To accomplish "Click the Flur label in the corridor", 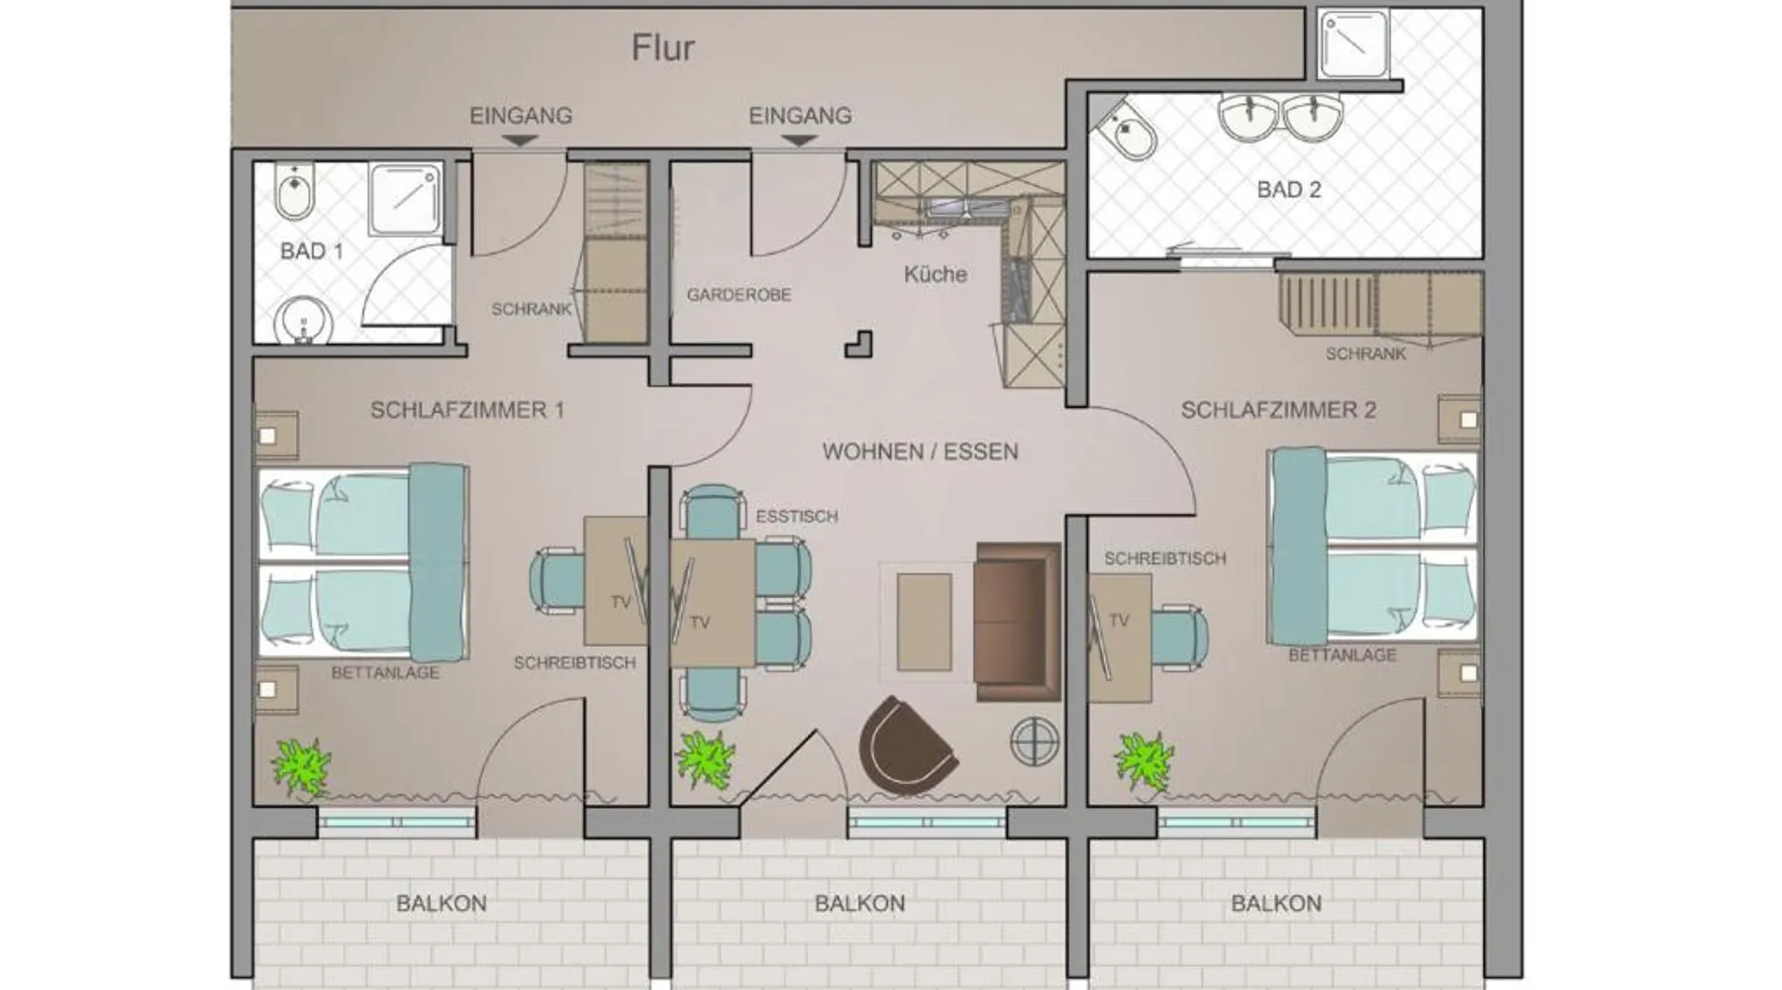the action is pos(663,48).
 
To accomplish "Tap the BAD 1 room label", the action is pos(312,251).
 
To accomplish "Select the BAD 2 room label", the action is pos(1289,189).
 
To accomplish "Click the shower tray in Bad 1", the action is pos(405,199).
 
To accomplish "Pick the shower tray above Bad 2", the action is pos(1354,45).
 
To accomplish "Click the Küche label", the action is pos(935,274).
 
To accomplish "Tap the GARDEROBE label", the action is pos(739,295).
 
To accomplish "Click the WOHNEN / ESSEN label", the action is pos(920,452).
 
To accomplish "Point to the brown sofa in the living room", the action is pos(1017,621).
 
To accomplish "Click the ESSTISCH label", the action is pos(796,517).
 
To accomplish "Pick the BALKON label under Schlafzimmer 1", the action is pos(442,904).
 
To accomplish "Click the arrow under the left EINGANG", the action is pos(520,142).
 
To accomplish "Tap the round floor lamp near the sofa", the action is pos(1035,741).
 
